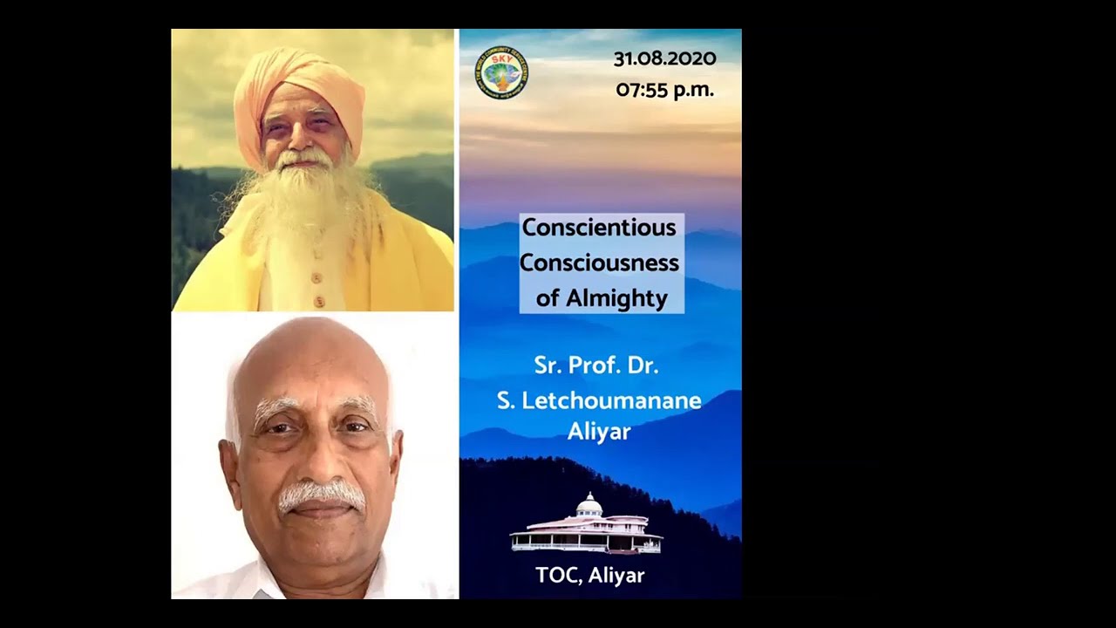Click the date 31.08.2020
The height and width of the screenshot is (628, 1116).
[664, 59]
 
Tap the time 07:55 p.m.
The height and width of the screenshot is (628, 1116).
[664, 90]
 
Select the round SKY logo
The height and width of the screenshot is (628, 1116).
[500, 72]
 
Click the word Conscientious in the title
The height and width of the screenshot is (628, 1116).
[599, 228]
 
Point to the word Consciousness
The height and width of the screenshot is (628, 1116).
[599, 263]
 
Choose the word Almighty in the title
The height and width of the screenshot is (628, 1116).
[616, 298]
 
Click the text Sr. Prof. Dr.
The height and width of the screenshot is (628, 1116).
[596, 365]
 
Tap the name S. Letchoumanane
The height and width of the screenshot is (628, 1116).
[599, 400]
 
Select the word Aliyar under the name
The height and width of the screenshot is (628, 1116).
[599, 432]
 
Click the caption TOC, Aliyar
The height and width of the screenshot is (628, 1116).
[590, 576]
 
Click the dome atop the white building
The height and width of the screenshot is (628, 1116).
[589, 503]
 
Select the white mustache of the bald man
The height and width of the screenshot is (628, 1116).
[321, 495]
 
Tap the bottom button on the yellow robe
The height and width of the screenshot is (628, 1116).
[319, 302]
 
